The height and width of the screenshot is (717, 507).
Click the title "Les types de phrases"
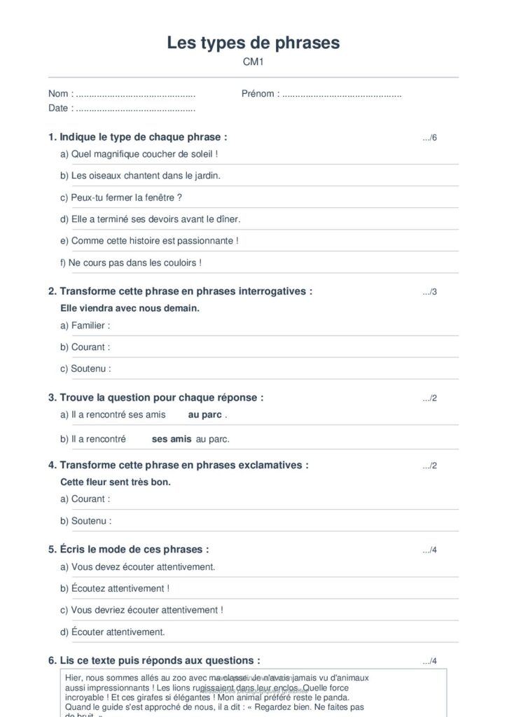(x=253, y=43)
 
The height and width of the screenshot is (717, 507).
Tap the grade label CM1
(x=253, y=62)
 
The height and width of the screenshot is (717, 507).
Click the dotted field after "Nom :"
(x=135, y=94)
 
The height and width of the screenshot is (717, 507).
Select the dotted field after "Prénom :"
(x=342, y=94)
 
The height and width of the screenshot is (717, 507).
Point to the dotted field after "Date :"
(x=135, y=109)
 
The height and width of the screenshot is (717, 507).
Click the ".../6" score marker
(x=429, y=137)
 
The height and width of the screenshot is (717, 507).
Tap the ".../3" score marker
(x=429, y=292)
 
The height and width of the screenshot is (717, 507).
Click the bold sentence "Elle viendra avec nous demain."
(x=130, y=308)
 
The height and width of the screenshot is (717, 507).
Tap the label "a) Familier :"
(x=85, y=326)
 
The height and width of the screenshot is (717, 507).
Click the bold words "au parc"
(x=204, y=415)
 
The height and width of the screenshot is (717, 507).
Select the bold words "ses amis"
(x=172, y=439)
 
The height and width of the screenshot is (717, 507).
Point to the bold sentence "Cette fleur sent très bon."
(x=116, y=482)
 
